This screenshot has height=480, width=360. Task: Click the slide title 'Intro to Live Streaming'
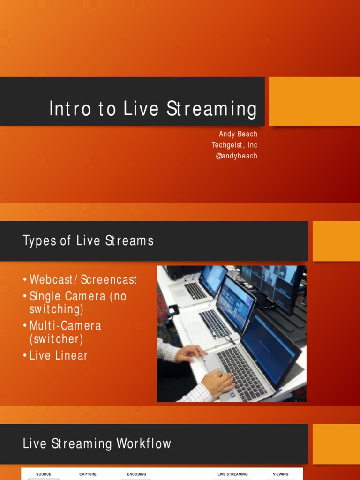[x=153, y=109]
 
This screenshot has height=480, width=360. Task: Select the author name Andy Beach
[x=238, y=134]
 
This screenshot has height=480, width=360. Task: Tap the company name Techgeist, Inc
[x=234, y=145]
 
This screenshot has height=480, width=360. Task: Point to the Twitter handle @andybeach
[x=236, y=156]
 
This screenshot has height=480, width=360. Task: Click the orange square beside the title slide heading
[x=314, y=101]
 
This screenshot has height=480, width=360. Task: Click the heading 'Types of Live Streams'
[x=88, y=241]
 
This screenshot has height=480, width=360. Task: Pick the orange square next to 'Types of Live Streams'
[x=336, y=241]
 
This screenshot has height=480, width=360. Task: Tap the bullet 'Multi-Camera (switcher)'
[x=65, y=332]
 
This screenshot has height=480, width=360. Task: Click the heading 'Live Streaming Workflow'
[x=97, y=443]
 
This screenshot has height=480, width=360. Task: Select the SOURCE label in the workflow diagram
[x=44, y=474]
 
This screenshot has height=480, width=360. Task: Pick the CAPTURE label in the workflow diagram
[x=88, y=474]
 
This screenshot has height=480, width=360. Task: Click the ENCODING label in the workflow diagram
[x=136, y=474]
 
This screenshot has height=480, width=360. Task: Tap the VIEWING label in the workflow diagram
[x=280, y=474]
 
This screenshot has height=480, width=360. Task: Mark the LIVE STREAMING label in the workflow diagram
[x=232, y=474]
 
